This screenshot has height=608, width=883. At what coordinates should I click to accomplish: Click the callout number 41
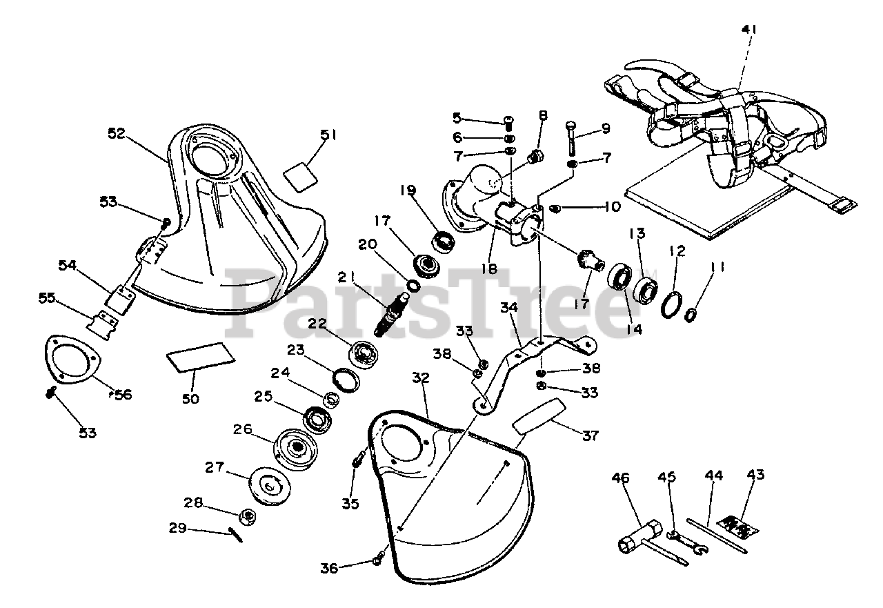pos(750,30)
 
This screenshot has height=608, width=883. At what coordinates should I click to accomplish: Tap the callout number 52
pos(116,134)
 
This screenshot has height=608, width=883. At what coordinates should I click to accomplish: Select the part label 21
pos(347,277)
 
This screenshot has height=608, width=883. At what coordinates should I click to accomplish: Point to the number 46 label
pos(621,478)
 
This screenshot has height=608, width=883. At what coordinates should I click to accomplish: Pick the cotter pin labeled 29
pos(236,535)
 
